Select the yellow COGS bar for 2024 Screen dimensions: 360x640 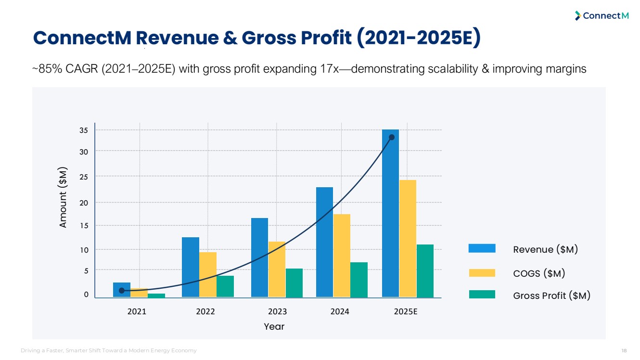(342, 256)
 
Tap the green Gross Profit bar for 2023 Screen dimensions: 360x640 (294, 283)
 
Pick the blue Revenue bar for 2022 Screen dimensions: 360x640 (191, 267)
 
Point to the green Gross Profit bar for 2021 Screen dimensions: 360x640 (156, 296)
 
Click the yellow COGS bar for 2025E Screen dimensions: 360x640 (408, 239)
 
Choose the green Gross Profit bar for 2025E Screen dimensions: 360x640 (425, 271)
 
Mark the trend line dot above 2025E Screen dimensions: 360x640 (392, 137)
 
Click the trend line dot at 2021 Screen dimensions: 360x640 (122, 291)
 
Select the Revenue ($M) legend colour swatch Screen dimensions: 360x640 (482, 248)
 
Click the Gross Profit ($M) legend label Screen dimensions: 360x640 (551, 296)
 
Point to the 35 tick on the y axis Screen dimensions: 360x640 (83, 130)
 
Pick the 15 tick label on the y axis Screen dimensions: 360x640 (83, 225)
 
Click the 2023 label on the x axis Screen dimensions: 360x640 (278, 311)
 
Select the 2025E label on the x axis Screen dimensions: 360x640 (406, 311)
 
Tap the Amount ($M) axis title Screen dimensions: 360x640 (63, 197)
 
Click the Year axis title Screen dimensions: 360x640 (274, 327)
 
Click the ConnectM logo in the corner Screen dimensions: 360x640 (602, 16)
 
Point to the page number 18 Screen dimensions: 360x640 (624, 350)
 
